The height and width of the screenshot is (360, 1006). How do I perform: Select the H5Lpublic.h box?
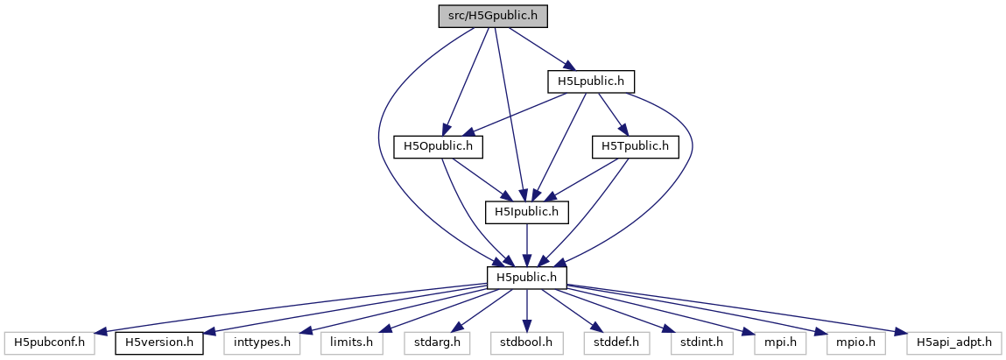click(x=590, y=81)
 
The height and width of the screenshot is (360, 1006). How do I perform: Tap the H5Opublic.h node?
click(x=439, y=146)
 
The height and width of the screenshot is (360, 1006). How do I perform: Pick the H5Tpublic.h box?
click(x=636, y=146)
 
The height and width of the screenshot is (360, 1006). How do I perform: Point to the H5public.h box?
click(x=527, y=277)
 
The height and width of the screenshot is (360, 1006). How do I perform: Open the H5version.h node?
click(x=159, y=342)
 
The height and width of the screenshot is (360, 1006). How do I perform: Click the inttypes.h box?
click(x=262, y=342)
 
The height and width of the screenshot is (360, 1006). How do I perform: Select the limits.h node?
click(x=350, y=342)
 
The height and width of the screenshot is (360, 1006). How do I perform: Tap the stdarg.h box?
click(x=437, y=342)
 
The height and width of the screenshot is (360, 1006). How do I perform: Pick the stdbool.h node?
click(x=527, y=342)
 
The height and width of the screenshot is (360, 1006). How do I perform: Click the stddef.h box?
click(x=617, y=342)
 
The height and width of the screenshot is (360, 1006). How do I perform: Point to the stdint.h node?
click(x=701, y=342)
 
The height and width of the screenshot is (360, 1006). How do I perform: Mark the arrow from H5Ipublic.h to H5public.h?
click(x=527, y=244)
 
